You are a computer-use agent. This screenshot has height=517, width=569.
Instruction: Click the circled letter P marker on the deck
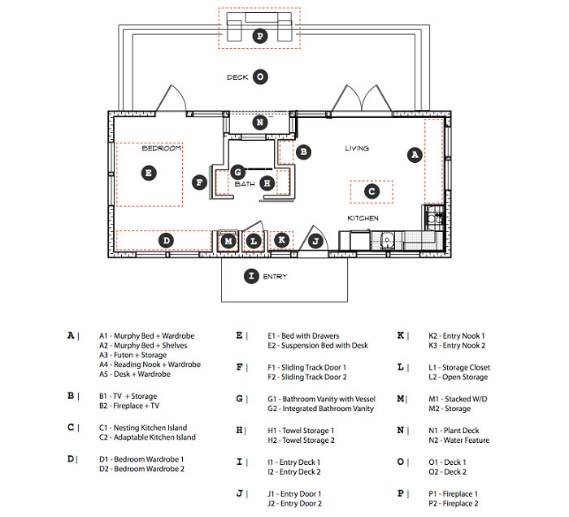tap(259, 36)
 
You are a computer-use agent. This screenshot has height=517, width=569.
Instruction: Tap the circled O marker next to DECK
tap(259, 77)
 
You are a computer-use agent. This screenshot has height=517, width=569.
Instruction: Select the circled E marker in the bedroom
tap(148, 173)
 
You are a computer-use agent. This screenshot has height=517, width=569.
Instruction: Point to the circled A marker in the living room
tap(415, 153)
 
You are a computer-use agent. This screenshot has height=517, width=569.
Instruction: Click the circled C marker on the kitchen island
tap(371, 191)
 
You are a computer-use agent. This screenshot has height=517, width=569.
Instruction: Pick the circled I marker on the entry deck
tap(251, 276)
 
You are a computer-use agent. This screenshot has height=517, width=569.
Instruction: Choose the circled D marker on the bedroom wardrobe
tap(166, 241)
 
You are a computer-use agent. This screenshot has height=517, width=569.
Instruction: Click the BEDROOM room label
tap(161, 148)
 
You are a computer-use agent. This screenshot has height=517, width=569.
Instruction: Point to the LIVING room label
tap(357, 148)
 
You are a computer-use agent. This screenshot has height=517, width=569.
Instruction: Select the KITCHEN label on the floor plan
tap(363, 219)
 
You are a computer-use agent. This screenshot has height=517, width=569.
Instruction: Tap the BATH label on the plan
tap(245, 184)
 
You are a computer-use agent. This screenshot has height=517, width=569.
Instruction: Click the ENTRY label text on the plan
tap(275, 277)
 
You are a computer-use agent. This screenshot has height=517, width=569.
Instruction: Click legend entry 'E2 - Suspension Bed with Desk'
tap(318, 345)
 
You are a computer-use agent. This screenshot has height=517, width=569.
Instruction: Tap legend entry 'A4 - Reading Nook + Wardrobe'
tap(150, 365)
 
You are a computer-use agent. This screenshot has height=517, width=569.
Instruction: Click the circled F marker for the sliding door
tap(199, 182)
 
